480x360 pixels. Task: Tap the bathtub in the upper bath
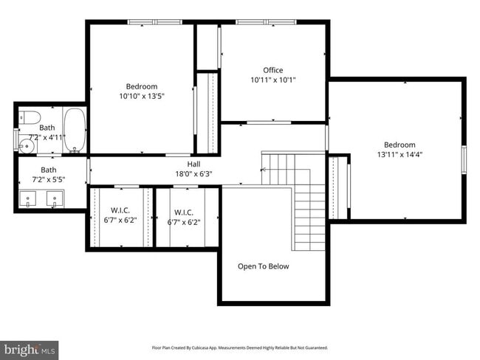75,129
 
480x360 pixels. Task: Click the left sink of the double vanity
29,198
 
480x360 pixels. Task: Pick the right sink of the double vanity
53,198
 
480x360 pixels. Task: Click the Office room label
273,71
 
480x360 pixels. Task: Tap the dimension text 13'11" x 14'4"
399,155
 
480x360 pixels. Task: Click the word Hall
193,164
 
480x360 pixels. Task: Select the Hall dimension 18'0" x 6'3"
193,173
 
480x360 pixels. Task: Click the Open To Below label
263,266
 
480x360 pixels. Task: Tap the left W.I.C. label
120,211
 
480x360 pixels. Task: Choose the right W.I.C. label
183,211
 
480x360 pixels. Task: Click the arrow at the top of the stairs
264,170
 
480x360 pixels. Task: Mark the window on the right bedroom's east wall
464,158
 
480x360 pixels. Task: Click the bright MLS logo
30,347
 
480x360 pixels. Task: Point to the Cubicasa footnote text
239,347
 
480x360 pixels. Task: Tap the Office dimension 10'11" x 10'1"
273,80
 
